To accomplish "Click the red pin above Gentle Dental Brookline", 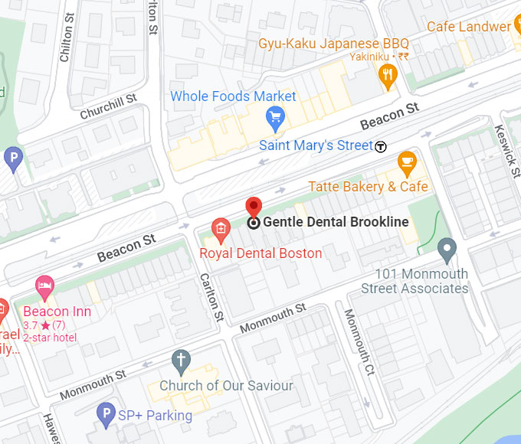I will point(254,207).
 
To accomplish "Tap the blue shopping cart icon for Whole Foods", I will point(274,117).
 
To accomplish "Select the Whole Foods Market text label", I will point(233,96).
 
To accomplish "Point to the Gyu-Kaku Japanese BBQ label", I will point(333,43).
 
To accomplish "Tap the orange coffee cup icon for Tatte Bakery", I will point(406,162).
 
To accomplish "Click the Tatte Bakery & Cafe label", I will point(368,187).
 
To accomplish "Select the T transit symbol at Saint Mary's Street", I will point(381,145).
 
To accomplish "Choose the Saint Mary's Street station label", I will point(316,145).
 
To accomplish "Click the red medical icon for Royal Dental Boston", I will point(221,228).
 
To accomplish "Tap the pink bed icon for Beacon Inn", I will point(45,287).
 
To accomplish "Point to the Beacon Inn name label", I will point(57,312).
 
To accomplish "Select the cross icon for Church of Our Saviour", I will point(181,360).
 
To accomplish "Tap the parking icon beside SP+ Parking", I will point(106,415).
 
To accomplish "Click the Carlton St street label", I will point(211,297).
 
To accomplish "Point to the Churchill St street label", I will point(108,104).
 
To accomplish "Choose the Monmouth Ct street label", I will point(358,338).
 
